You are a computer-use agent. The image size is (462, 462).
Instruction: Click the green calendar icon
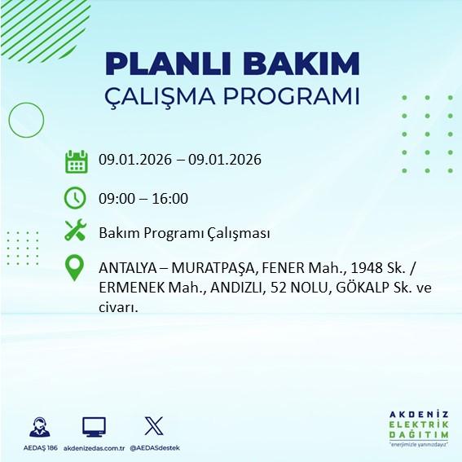point(76,161)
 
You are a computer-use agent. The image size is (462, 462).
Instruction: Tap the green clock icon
point(76,197)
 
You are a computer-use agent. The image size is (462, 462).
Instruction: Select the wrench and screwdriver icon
point(76,231)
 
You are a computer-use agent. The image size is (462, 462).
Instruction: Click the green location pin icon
point(76,268)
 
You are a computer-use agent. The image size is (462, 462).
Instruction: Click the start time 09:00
point(116,198)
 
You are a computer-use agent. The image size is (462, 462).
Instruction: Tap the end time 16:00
point(170,198)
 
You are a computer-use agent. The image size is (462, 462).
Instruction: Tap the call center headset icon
point(40,426)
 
